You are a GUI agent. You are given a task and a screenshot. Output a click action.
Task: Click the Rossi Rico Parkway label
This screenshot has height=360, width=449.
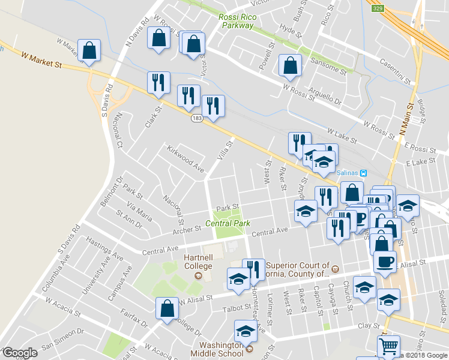(x=238, y=21)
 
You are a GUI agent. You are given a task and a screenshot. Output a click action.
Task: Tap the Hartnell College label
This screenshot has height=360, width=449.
(x=197, y=262)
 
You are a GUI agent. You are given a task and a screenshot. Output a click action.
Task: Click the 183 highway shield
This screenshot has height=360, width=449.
(x=197, y=118)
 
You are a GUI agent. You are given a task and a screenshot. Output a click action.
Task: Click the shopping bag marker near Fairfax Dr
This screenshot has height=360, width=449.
(x=167, y=308)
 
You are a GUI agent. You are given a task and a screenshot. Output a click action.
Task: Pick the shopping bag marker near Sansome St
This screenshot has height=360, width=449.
(x=290, y=67)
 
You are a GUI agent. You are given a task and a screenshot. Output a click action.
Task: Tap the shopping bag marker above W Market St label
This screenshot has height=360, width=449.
(x=89, y=52)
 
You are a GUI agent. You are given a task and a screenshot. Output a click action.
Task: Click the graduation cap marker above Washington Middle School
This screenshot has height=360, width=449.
(x=246, y=331)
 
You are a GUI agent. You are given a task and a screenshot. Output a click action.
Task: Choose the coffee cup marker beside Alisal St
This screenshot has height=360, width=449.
(x=385, y=262)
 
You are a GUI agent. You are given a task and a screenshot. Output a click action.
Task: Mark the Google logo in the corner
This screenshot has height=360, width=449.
(x=20, y=353)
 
